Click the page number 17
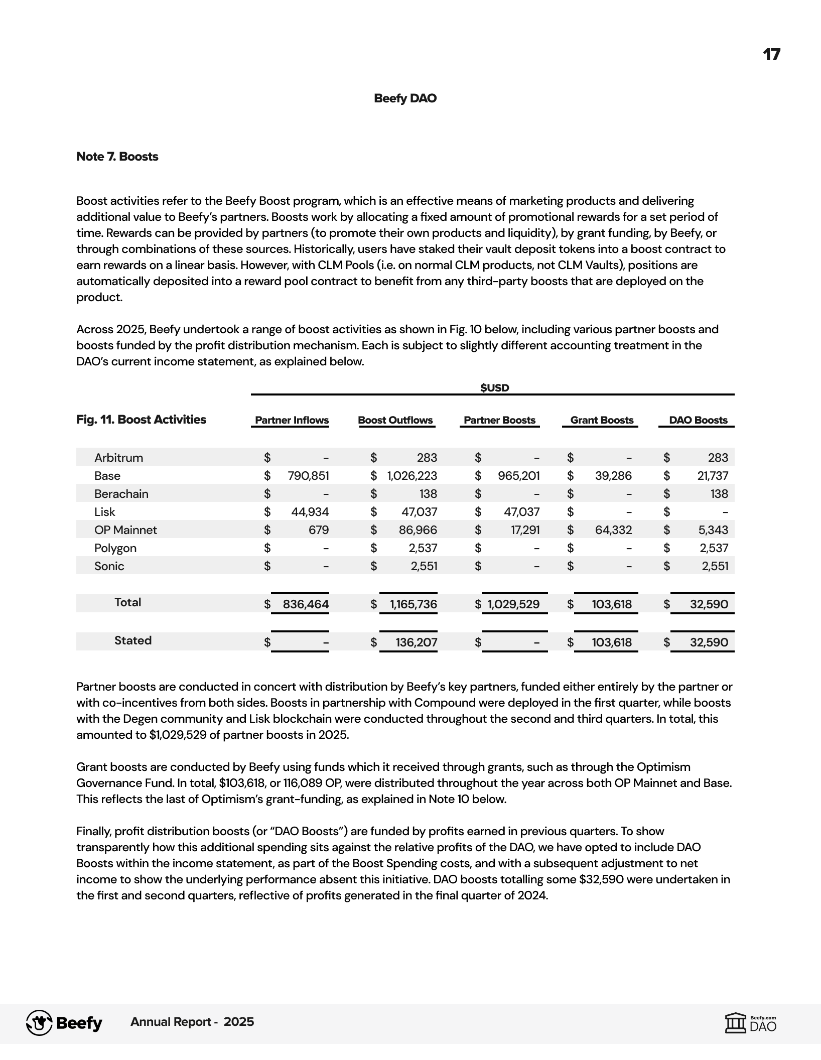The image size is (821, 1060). pos(771,55)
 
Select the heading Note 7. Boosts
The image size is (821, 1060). pos(117,157)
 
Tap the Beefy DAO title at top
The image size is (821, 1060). pos(405,98)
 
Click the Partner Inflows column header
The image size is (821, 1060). pos(292,420)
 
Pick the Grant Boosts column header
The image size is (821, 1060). pos(602,420)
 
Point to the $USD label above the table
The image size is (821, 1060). pos(494,387)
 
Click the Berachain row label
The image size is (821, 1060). pos(121,494)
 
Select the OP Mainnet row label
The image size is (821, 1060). pos(125,530)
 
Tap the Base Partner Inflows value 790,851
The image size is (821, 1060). pos(308,476)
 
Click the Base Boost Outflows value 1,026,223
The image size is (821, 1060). pos(412,476)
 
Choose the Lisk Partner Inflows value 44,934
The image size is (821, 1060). pos(310,512)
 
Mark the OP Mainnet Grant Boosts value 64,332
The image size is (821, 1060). pos(613,530)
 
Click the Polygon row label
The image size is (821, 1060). pos(115,548)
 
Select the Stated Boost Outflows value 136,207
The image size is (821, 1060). pos(417,642)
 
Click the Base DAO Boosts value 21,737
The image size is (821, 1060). pos(713,476)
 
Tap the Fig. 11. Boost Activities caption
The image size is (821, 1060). pos(141,420)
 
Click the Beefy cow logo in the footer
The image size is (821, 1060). pos(39,1023)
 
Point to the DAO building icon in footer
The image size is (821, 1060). pos(735,1023)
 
